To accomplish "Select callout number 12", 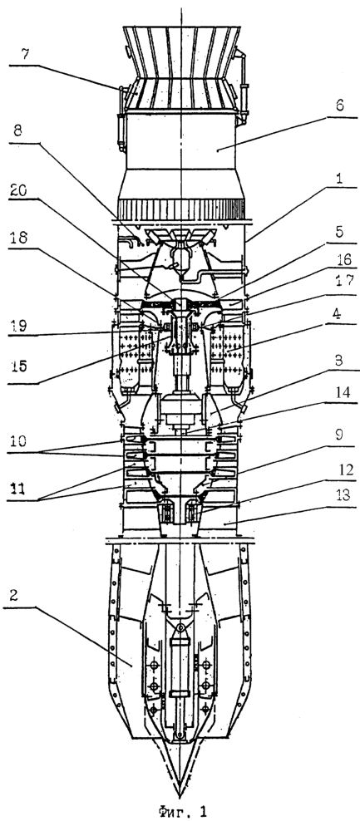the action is click(341, 469).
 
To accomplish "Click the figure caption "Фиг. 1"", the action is click(181, 810).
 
